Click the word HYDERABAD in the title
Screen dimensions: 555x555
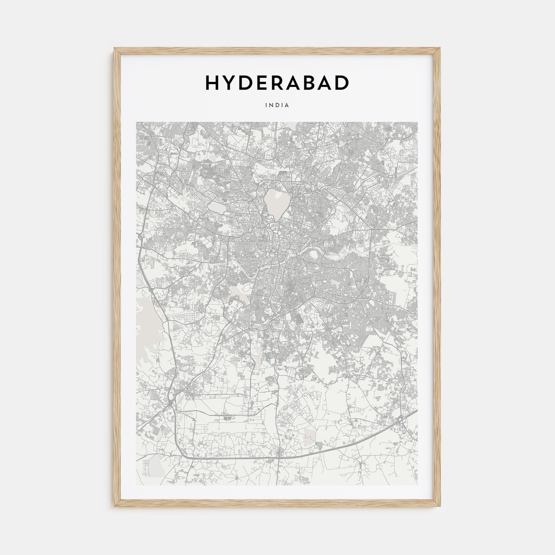(277, 82)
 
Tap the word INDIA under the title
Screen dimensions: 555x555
(277, 105)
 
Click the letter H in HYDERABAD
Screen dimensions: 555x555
(212, 82)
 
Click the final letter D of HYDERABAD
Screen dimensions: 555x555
(342, 82)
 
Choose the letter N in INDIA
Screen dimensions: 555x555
(272, 105)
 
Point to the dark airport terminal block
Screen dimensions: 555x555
(226, 417)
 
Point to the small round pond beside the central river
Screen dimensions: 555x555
(315, 256)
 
